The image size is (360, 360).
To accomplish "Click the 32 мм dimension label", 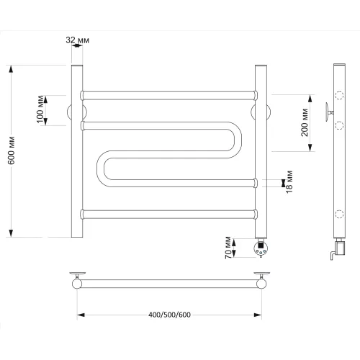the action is (78, 40).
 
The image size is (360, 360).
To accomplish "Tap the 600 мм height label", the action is (12, 150).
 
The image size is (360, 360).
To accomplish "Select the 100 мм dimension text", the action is (40, 109).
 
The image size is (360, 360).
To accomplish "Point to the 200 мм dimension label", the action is (305, 122).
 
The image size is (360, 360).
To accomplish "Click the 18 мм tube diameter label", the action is (289, 181).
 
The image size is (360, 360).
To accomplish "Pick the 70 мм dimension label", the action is (228, 248).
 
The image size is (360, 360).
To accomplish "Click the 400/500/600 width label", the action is (169, 315).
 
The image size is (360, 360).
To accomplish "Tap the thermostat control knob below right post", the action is (261, 248).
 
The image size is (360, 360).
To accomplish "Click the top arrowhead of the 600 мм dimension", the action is (11, 69).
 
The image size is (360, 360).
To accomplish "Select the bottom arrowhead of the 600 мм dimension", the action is (11, 233).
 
